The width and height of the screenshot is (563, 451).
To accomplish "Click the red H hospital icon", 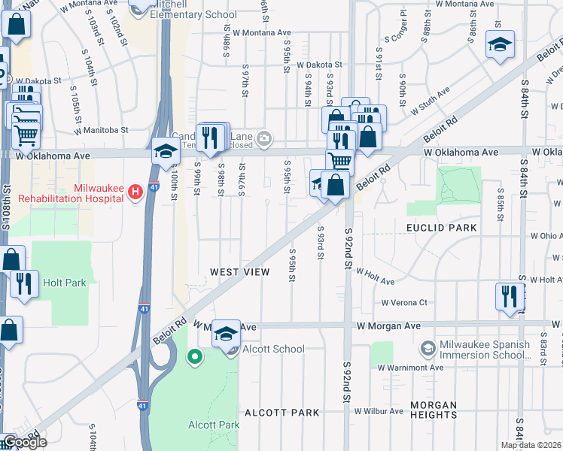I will coord(135,192).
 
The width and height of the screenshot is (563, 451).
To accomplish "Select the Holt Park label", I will coord(65,283).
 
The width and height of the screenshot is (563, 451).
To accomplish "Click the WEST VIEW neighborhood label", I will coord(239,271).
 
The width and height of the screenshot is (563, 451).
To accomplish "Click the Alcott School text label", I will coord(274,349).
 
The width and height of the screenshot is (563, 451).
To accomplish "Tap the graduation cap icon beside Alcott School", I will coord(225,332).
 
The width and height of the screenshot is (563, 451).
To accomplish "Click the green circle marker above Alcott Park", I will coord(195,357).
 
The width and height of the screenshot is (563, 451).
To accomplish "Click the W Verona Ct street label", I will coord(403,303).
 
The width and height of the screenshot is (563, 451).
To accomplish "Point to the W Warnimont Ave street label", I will coord(410,368).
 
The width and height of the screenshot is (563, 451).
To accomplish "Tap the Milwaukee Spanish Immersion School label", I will coord(482,350).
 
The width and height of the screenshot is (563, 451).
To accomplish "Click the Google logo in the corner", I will coord(25,442).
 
